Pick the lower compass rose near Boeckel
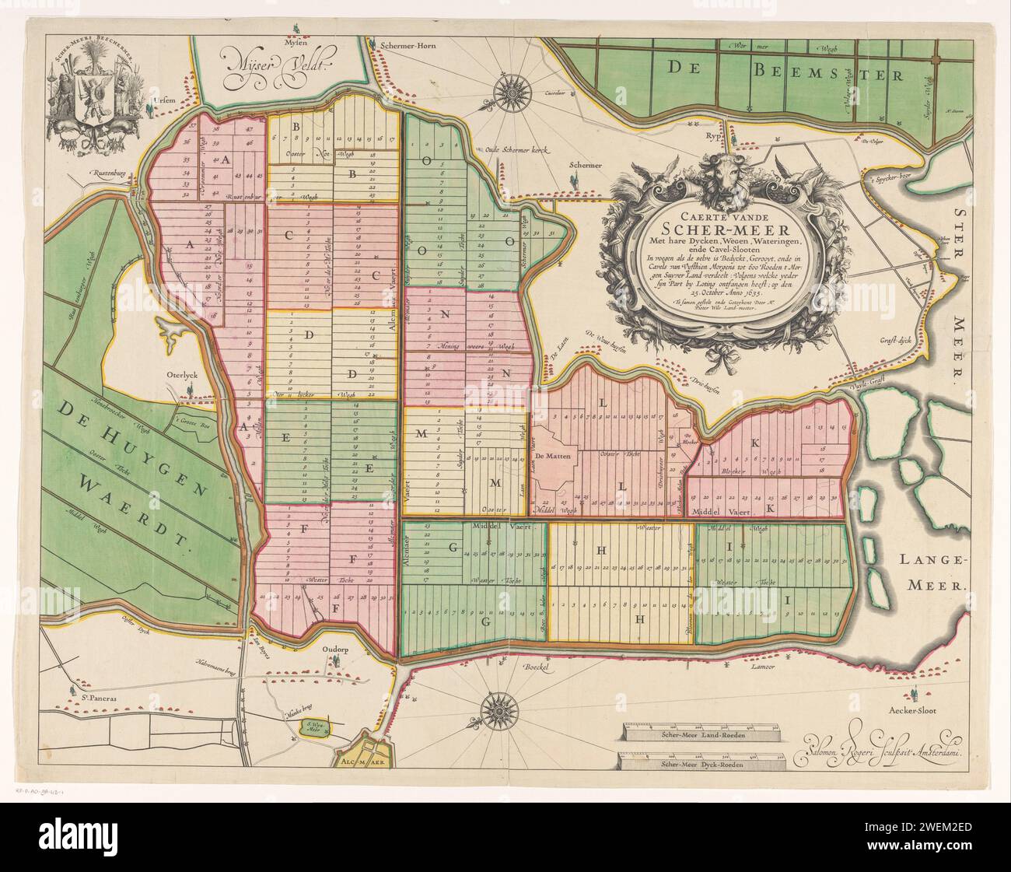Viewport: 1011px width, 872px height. click(495, 710)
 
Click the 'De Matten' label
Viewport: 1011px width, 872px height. click(553, 454)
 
